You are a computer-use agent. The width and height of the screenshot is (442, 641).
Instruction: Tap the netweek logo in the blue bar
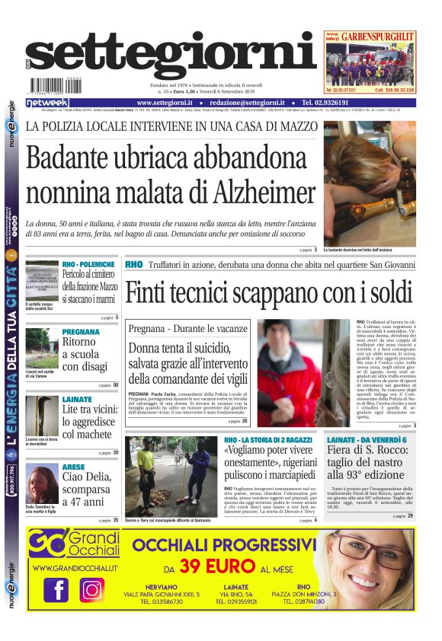(47, 103)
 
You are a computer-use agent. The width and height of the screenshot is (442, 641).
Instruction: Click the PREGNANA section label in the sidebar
(81, 332)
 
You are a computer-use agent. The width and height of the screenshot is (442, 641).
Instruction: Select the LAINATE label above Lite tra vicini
(76, 399)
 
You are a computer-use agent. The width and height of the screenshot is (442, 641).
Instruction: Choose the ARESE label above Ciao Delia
(73, 467)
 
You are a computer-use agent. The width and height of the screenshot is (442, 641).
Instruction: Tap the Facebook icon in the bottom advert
(56, 590)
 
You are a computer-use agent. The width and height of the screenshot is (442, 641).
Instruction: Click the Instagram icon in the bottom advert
(92, 590)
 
